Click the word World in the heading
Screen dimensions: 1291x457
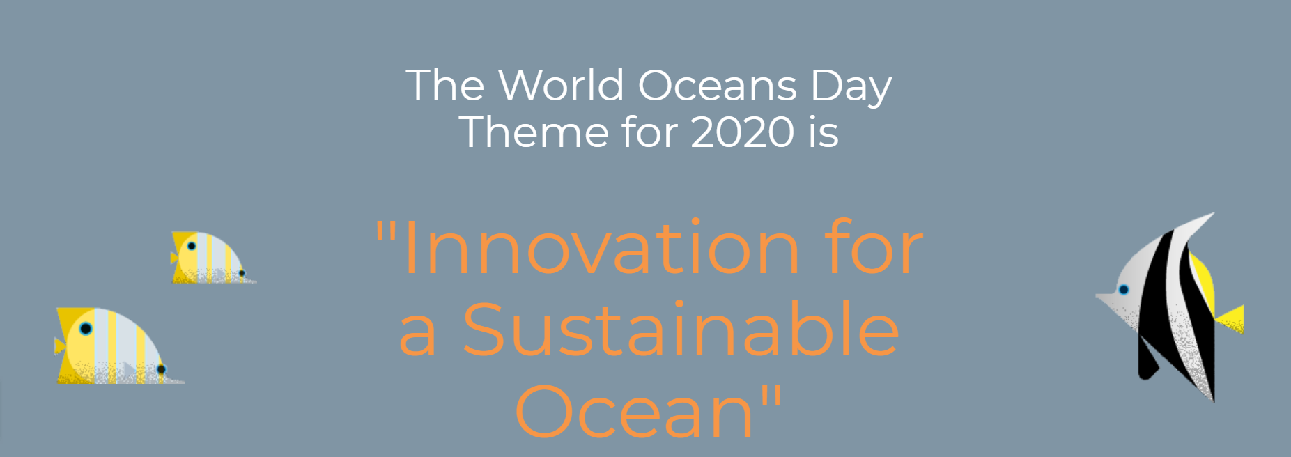click(x=561, y=86)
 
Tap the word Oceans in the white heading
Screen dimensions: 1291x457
click(x=718, y=86)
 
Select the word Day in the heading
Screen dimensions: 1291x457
click(x=851, y=88)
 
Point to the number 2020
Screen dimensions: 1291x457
click(x=743, y=132)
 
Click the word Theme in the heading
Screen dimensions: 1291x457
click(x=534, y=132)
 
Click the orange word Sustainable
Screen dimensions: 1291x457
click(x=681, y=329)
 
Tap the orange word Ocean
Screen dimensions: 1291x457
click(x=635, y=411)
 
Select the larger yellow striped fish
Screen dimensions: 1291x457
click(x=118, y=346)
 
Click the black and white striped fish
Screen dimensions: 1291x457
click(x=1170, y=307)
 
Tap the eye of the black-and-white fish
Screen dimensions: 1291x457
click(x=1123, y=290)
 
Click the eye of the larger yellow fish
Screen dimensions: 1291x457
click(x=86, y=329)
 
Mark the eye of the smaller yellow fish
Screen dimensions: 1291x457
click(x=192, y=246)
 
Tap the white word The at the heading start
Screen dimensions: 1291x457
click(x=445, y=86)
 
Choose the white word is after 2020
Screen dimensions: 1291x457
click(x=824, y=132)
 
